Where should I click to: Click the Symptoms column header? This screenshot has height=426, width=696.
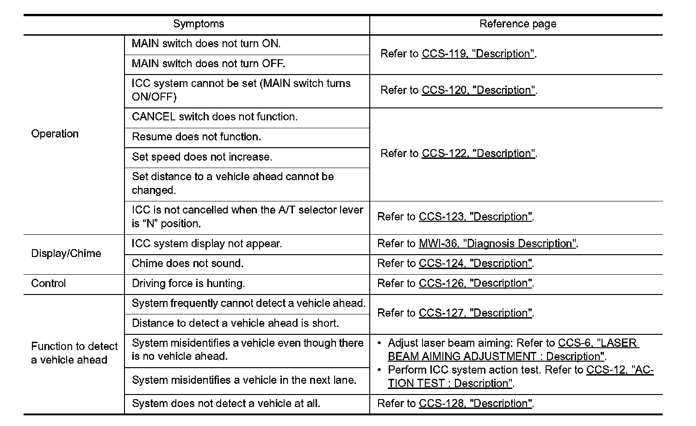pos(199,24)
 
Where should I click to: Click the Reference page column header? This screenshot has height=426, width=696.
pos(517,24)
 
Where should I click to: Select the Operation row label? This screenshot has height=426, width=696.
pos(55,134)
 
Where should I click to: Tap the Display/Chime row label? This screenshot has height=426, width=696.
pos(66,253)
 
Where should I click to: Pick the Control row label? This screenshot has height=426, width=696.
pos(48,283)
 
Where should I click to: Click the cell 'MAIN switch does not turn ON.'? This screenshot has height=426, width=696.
pos(206,44)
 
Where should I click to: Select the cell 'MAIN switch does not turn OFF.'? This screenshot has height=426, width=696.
pos(208,63)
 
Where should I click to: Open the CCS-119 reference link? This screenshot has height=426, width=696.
pos(478,54)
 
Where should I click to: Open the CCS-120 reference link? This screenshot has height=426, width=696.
pos(478,90)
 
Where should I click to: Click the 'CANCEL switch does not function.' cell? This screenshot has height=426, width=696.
pos(215,117)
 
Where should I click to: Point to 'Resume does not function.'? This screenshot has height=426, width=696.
pos(196,137)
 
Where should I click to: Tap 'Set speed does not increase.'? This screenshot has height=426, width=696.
pos(202,157)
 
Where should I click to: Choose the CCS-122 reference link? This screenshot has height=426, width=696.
pos(478,153)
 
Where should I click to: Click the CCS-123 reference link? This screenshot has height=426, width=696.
pos(476,217)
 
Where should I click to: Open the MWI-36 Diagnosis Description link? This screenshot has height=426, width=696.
pos(498,244)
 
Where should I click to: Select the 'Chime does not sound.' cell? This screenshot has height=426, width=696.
pos(187,263)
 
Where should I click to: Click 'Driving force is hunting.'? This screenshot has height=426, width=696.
pos(188,283)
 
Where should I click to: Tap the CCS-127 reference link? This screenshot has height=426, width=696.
pos(476,313)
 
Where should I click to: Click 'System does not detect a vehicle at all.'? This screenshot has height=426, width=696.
pos(226,403)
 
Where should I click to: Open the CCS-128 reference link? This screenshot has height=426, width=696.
pos(476,403)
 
